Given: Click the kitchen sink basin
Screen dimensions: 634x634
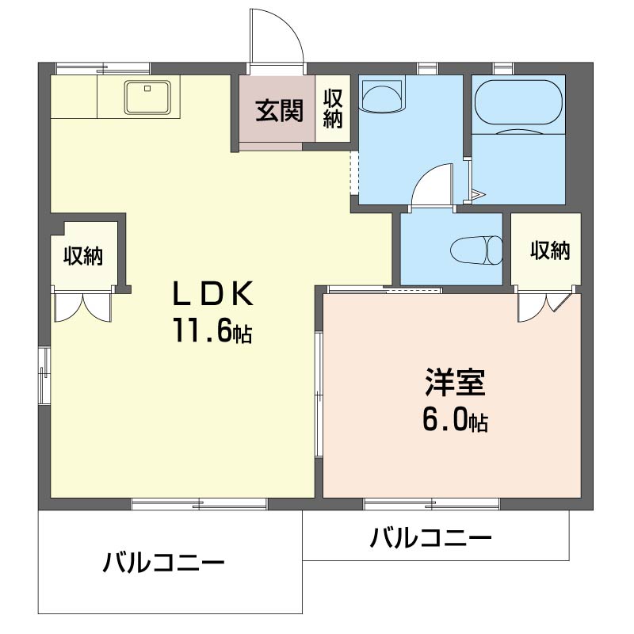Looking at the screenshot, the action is pyautogui.click(x=147, y=97).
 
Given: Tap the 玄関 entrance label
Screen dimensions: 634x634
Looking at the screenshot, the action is pyautogui.click(x=279, y=110).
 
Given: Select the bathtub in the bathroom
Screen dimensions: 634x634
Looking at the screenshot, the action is pyautogui.click(x=518, y=102).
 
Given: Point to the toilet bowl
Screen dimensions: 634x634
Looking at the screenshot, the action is pyautogui.click(x=476, y=250).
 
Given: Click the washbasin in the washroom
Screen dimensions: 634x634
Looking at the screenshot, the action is pyautogui.click(x=383, y=96).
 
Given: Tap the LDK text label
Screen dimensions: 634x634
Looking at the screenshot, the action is pyautogui.click(x=212, y=293).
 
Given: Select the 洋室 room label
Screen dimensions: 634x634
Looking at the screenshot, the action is pyautogui.click(x=455, y=382).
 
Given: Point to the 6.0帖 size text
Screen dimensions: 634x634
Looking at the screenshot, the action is pyautogui.click(x=455, y=419).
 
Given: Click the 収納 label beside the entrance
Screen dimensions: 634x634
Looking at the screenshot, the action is pyautogui.click(x=333, y=109).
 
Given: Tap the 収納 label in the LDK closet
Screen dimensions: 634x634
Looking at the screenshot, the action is pyautogui.click(x=83, y=255).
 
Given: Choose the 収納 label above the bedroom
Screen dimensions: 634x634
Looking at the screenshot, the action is pyautogui.click(x=550, y=250).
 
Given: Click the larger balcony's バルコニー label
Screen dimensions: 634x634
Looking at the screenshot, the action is pyautogui.click(x=163, y=563).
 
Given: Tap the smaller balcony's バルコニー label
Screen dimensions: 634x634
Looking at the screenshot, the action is pyautogui.click(x=430, y=537).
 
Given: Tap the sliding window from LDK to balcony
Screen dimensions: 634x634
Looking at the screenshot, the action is pyautogui.click(x=199, y=504).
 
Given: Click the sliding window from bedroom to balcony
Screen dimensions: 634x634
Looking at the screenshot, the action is pyautogui.click(x=431, y=504).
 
